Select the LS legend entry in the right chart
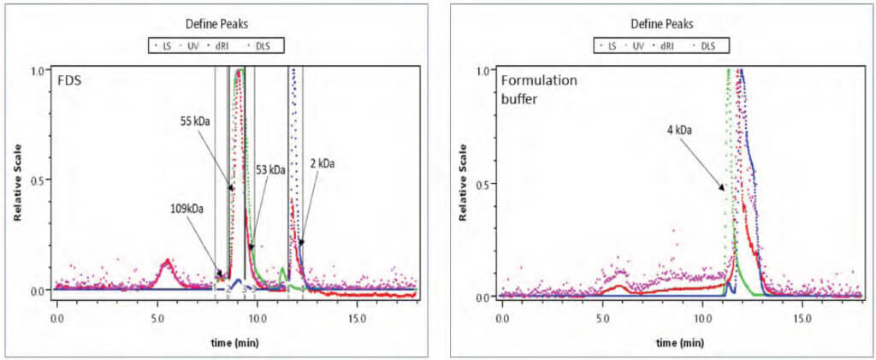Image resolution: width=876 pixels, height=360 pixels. point(610,44)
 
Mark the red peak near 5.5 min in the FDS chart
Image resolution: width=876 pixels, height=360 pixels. point(168,261)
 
